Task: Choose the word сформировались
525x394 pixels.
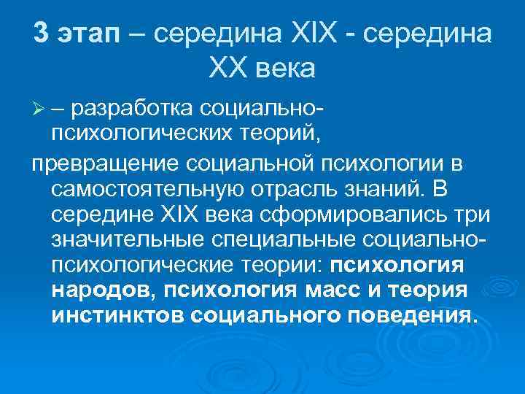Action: tap(362, 217)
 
